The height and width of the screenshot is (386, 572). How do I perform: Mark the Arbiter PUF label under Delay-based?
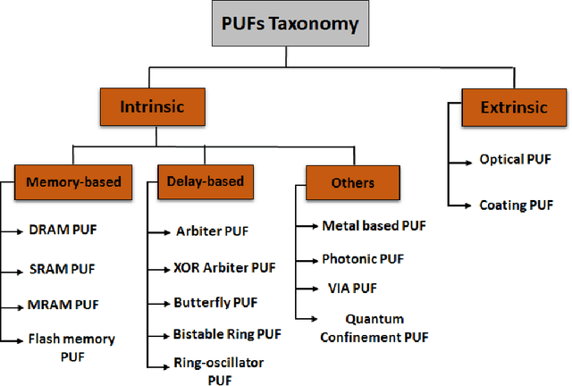pos(212,231)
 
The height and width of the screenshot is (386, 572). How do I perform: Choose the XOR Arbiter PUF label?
pos(225,267)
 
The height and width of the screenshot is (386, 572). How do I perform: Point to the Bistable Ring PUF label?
pos(227,335)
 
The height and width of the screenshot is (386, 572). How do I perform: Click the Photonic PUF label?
pos(363,259)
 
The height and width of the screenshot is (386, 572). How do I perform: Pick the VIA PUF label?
pos(351,289)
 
